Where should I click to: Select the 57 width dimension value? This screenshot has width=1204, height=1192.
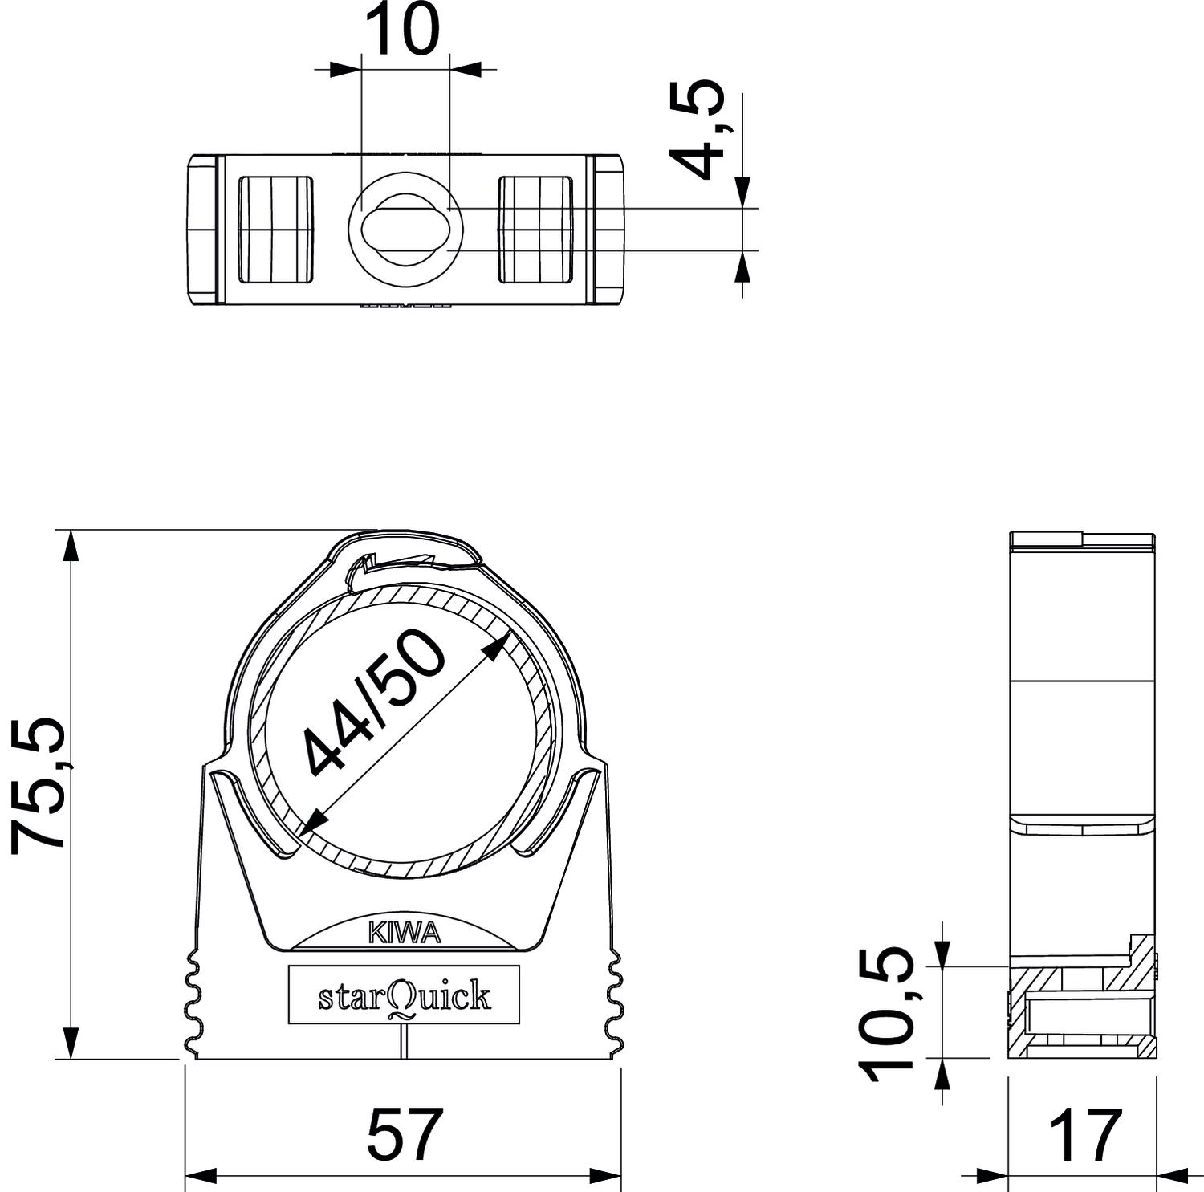coord(405,1133)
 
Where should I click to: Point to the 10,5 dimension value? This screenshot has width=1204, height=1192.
coord(888,1015)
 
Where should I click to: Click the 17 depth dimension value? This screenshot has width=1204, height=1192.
coord(1086,1133)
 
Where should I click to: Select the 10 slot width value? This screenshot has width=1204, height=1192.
coord(405,30)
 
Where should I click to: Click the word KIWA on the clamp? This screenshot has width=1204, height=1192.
coord(405,933)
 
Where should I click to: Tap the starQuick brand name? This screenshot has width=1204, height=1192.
coord(405,996)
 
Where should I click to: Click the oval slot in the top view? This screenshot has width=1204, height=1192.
coord(405,229)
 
